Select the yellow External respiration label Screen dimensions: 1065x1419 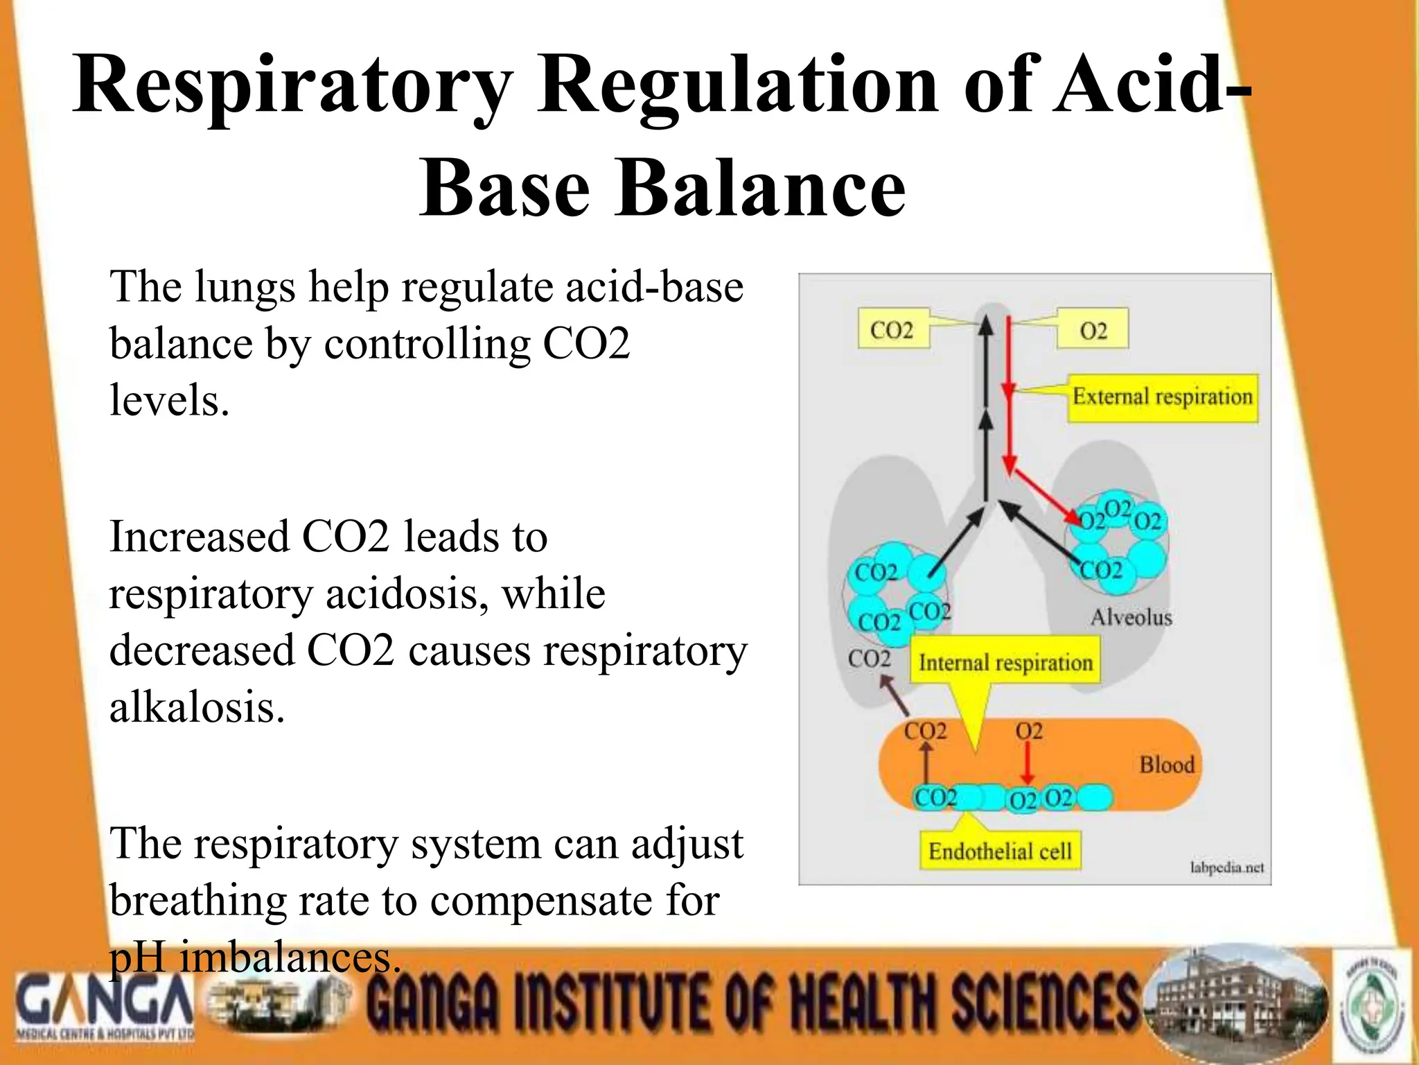(x=1163, y=397)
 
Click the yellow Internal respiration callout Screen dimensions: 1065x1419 (x=1005, y=663)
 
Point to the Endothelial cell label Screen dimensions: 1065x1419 (x=1000, y=851)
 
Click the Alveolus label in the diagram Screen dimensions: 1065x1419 (x=1131, y=616)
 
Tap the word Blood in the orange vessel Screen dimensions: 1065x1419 (x=1167, y=764)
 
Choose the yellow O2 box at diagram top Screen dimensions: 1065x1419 (x=1093, y=330)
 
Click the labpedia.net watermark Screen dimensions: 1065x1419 (x=1226, y=867)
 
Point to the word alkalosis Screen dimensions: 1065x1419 (x=197, y=708)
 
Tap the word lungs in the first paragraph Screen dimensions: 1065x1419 (x=245, y=287)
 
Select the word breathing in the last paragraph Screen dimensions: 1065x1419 (x=197, y=901)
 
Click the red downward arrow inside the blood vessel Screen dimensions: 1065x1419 (x=1028, y=764)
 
